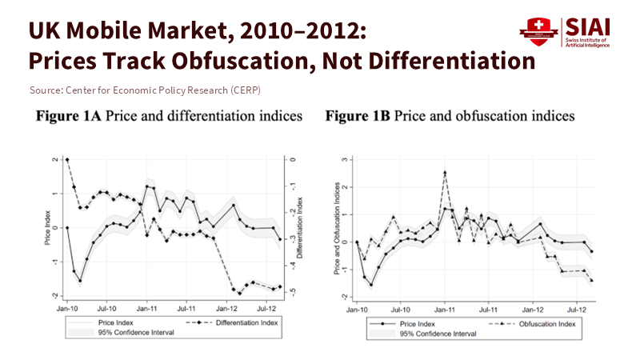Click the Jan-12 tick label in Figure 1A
226,307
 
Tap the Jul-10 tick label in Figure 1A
106,307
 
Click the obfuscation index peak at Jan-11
445,173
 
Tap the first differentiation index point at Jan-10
67,160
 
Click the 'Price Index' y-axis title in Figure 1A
47,227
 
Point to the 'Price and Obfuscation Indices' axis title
336,228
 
